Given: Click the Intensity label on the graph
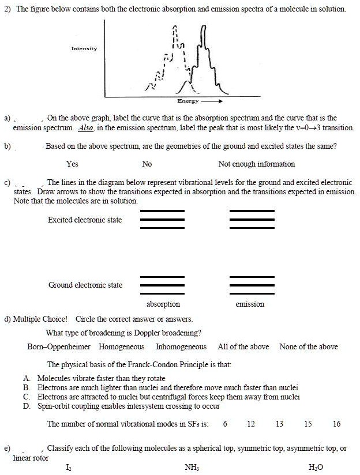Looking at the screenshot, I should coord(84,48).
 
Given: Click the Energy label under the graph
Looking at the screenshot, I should coord(189,101).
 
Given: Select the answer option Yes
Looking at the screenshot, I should coord(72,164).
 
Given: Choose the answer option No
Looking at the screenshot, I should coord(147,164).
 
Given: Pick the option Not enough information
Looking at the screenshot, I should coord(257,164).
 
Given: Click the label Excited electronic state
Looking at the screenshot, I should coord(85,219).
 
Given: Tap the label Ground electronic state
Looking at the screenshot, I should coord(85,285).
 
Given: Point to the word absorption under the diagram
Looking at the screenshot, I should coord(163,304).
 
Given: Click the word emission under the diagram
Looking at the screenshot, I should coord(250,304).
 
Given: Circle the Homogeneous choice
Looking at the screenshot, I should coord(121,346).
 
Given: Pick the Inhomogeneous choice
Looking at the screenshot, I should coord(181,346).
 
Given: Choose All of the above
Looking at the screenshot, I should coord(243,346).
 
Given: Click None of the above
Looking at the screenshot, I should coord(308,346).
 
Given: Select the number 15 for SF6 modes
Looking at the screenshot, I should coord(308,424).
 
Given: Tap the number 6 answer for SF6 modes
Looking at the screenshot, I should coord(225,424).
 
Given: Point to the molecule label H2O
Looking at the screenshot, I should coord(316,467).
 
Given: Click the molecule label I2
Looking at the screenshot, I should coord(70,467).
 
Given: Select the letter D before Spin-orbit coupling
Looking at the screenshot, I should coord(27,406).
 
